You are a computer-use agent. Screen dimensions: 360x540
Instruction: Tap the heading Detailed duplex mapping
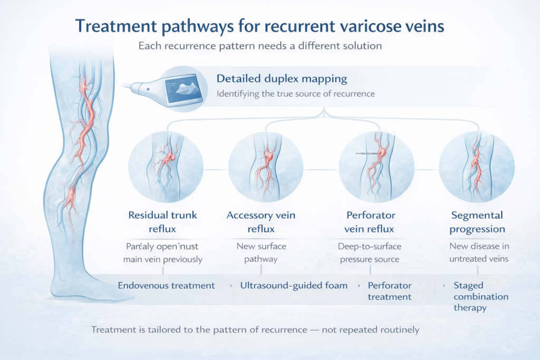tap(282, 79)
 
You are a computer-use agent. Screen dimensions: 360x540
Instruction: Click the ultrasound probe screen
tap(184, 89)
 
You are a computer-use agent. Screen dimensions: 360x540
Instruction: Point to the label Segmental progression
tap(478, 222)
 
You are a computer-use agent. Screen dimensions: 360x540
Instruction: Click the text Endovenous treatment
tap(166, 285)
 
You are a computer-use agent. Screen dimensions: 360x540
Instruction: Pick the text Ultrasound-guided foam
tap(294, 285)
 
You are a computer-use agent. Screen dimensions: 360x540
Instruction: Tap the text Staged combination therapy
tap(480, 297)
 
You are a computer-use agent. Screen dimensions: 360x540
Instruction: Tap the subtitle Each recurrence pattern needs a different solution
tap(259, 46)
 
